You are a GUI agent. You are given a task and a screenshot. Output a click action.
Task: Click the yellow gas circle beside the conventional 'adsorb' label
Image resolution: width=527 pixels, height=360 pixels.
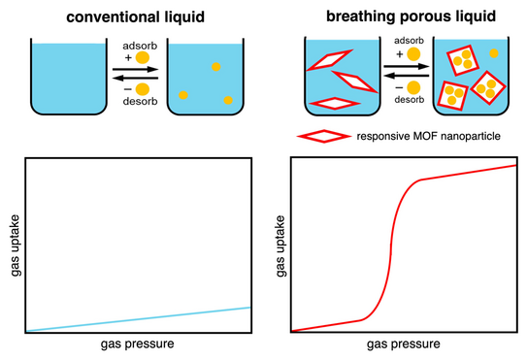[x=143, y=57]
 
